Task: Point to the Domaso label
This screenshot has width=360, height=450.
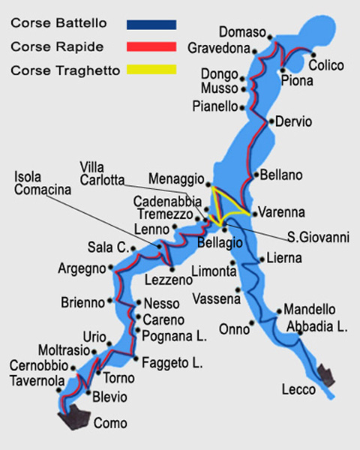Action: (243, 31)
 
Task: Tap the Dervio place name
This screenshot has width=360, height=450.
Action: (293, 121)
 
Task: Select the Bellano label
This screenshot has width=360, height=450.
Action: (281, 175)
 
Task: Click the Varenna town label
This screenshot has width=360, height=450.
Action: (281, 211)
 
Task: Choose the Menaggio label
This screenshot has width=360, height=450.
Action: (175, 180)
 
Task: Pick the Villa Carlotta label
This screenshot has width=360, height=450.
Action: (103, 172)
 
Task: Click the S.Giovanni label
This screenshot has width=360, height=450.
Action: (319, 238)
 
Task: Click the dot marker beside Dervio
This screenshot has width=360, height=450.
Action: (270, 120)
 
